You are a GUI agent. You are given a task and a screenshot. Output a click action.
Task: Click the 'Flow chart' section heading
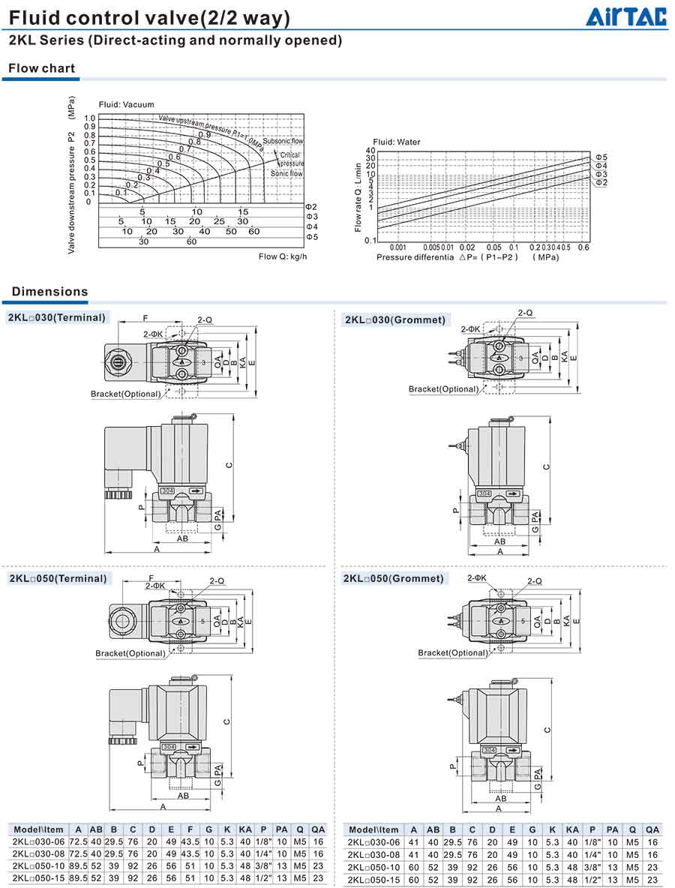tap(42, 68)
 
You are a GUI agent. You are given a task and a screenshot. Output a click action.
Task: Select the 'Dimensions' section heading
tap(49, 292)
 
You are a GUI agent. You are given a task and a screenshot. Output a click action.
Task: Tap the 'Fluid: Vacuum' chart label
tap(126, 104)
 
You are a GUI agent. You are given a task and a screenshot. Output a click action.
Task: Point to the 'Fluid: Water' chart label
tap(397, 142)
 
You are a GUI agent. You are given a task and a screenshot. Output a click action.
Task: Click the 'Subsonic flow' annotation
tap(287, 141)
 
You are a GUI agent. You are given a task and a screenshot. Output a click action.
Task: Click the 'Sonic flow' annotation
tap(286, 173)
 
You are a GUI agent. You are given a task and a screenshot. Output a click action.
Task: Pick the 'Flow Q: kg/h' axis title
tap(283, 256)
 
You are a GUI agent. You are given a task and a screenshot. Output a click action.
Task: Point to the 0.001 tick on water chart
tap(397, 247)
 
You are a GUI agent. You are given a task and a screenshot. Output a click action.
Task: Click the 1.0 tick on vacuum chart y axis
tap(90, 118)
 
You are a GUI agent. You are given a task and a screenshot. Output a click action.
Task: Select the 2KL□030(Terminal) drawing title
tap(58, 317)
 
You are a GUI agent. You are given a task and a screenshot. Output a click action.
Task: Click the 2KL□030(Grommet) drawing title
tap(394, 320)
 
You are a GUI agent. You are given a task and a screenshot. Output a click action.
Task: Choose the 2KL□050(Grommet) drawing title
tap(394, 578)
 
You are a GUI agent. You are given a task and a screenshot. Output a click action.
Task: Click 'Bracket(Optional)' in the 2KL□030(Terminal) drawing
tap(125, 394)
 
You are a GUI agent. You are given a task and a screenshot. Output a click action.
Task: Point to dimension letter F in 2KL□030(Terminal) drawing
tap(145, 317)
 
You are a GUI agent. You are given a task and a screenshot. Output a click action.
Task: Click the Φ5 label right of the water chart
tap(601, 157)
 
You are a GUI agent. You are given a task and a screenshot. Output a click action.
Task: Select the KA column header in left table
tap(245, 829)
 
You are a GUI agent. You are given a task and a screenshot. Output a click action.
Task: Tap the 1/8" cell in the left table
tap(263, 842)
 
